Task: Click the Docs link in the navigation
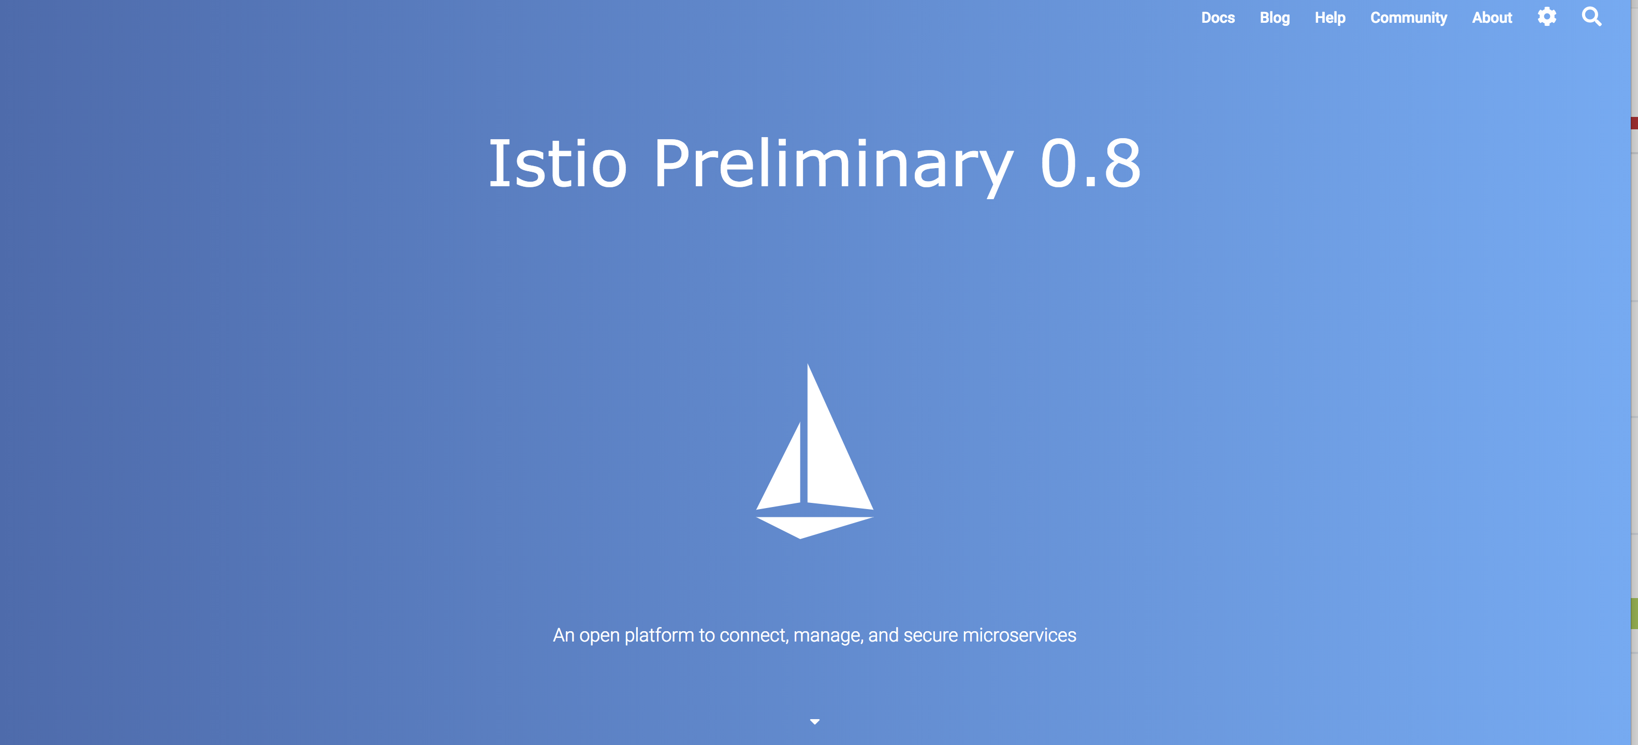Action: (1218, 18)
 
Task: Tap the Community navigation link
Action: (1409, 18)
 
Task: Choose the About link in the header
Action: (1492, 18)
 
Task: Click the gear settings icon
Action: (1547, 17)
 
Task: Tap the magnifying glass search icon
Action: (1591, 17)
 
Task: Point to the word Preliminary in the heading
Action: (833, 167)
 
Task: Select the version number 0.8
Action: (1090, 163)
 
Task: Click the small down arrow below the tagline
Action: (814, 722)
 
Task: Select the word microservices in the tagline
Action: (1019, 635)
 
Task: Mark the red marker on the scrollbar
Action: (1634, 123)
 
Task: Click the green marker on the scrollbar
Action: (1634, 614)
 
